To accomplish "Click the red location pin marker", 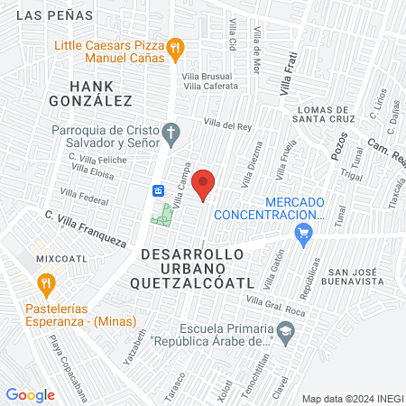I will click(x=205, y=184).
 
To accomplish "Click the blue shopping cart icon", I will click(x=304, y=234).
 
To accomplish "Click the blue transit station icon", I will click(x=157, y=190).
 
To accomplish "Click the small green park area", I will click(x=163, y=215).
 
